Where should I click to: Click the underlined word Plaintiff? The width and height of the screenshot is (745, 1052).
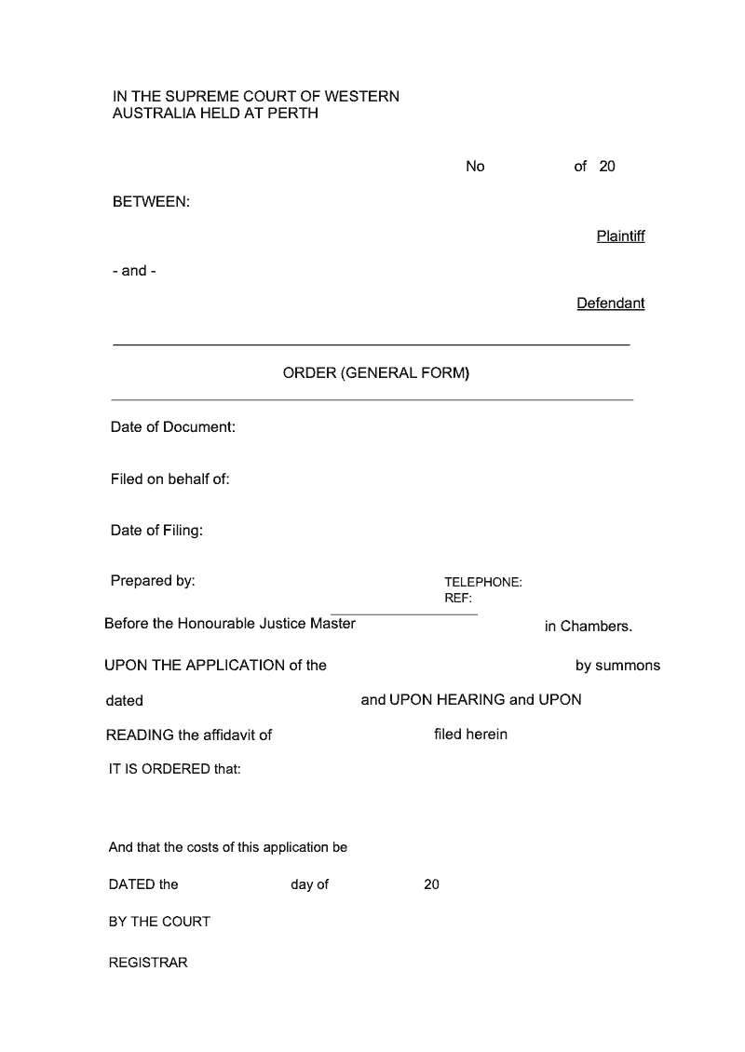click(x=620, y=236)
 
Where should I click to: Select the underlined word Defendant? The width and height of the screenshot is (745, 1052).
click(x=610, y=303)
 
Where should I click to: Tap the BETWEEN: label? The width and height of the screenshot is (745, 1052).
click(x=151, y=202)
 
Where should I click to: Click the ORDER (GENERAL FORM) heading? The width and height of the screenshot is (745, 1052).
click(x=376, y=373)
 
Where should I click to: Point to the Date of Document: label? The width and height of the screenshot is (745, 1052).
click(x=173, y=427)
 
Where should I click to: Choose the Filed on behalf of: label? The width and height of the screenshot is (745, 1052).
click(x=169, y=479)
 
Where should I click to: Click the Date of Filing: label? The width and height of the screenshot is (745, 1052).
click(x=156, y=531)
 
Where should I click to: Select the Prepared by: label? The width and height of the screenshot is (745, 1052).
click(x=153, y=581)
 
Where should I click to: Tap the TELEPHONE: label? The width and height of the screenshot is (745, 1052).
click(x=482, y=583)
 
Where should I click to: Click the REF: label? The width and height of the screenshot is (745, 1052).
click(x=458, y=599)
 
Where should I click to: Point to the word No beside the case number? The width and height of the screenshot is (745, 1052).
click(x=475, y=167)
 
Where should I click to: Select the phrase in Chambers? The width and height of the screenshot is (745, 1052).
click(x=589, y=627)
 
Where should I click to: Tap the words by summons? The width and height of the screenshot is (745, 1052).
click(x=617, y=666)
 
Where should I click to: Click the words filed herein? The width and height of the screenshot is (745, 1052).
click(x=470, y=735)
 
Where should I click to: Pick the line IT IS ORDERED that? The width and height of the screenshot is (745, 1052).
click(x=175, y=770)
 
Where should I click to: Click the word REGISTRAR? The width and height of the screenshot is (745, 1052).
click(x=148, y=964)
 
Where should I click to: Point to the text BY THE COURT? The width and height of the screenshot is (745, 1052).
click(x=159, y=922)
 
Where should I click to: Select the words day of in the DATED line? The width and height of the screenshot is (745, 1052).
click(x=309, y=884)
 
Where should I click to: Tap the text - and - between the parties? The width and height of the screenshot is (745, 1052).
click(x=134, y=271)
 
